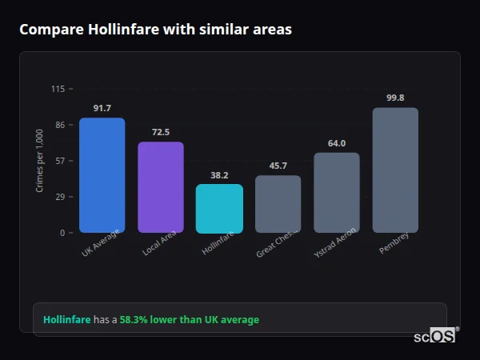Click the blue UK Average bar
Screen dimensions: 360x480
102,175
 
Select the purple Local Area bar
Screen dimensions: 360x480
161,187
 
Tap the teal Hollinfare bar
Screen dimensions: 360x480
219,209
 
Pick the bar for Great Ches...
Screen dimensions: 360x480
278,204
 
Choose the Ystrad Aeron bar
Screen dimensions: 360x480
337,193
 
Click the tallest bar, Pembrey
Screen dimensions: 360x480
395,170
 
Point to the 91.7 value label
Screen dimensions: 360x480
102,108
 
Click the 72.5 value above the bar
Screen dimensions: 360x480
161,132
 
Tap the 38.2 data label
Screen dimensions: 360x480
219,175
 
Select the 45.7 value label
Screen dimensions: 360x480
278,166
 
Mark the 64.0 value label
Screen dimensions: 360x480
337,143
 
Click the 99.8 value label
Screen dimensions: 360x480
395,98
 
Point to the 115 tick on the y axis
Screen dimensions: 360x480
58,89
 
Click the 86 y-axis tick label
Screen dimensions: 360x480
60,125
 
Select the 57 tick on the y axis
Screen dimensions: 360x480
60,161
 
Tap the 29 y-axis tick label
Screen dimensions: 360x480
60,197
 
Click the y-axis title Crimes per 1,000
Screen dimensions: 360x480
40,161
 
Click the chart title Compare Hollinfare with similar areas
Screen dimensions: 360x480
155,30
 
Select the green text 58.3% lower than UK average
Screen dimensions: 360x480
190,320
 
